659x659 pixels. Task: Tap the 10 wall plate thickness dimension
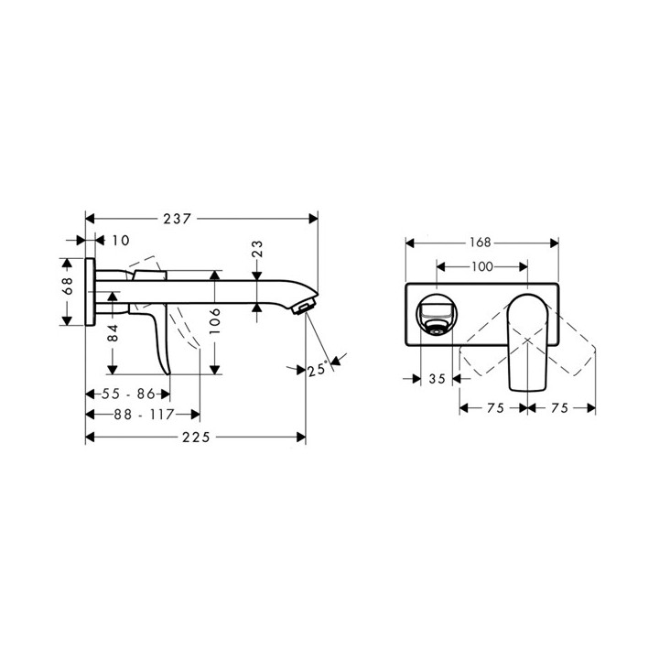click(120, 241)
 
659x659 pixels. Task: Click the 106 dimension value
click(214, 323)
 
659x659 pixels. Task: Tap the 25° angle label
click(318, 370)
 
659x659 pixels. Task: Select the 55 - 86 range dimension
click(127, 394)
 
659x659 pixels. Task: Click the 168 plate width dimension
click(481, 243)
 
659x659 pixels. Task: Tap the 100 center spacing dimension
click(481, 266)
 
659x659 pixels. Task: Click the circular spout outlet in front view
click(436, 313)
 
